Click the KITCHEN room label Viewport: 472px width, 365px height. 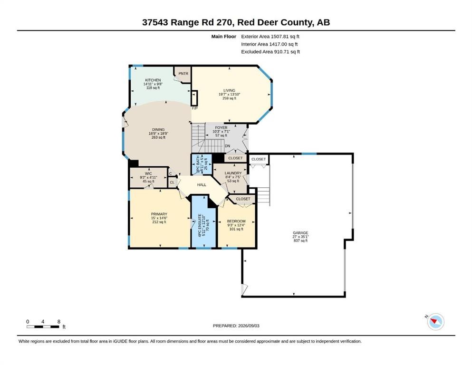click(x=153, y=80)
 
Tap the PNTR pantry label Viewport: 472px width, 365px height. click(x=183, y=73)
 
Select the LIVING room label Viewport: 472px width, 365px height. click(x=229, y=90)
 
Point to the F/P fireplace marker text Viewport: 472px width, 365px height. click(x=195, y=108)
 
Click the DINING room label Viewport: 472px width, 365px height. click(x=158, y=130)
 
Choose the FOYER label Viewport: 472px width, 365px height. click(x=221, y=127)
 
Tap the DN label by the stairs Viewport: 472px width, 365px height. click(x=228, y=146)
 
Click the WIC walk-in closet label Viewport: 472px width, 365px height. click(x=148, y=173)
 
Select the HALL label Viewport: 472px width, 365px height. click(x=202, y=185)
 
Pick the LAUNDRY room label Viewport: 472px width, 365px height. click(x=233, y=173)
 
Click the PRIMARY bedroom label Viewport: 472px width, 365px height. click(x=159, y=214)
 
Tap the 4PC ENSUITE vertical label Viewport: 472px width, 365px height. click(x=200, y=225)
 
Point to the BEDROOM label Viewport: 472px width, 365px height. click(x=236, y=221)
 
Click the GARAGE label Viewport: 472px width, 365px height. click(x=300, y=233)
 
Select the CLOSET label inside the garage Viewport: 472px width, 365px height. click(x=259, y=159)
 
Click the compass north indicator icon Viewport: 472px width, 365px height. click(x=435, y=321)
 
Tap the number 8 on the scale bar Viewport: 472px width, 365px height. click(x=58, y=321)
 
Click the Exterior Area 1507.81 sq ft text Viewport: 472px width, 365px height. click(x=270, y=37)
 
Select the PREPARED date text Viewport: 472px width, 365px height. click(x=236, y=326)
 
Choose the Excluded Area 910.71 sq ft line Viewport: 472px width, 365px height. click(x=270, y=52)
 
